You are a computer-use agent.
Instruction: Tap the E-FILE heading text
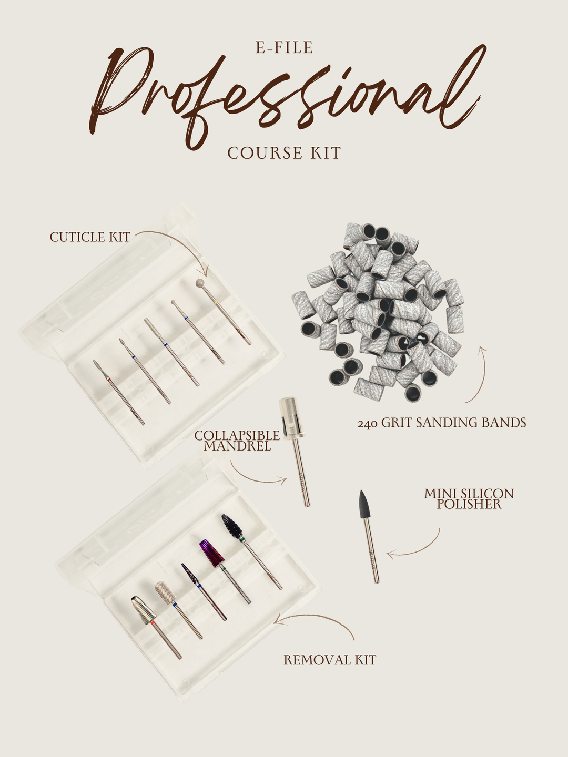click(x=284, y=48)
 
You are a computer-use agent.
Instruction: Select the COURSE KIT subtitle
click(x=284, y=153)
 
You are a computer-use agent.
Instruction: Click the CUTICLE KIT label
click(x=90, y=237)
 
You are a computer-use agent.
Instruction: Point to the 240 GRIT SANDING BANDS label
click(x=442, y=423)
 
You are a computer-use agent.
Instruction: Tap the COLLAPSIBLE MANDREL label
click(x=237, y=441)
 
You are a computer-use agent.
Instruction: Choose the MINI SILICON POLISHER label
click(x=469, y=499)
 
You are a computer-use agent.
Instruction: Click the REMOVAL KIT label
click(x=330, y=660)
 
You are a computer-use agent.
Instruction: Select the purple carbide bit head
click(x=211, y=553)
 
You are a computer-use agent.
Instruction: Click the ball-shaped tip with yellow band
click(x=200, y=284)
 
